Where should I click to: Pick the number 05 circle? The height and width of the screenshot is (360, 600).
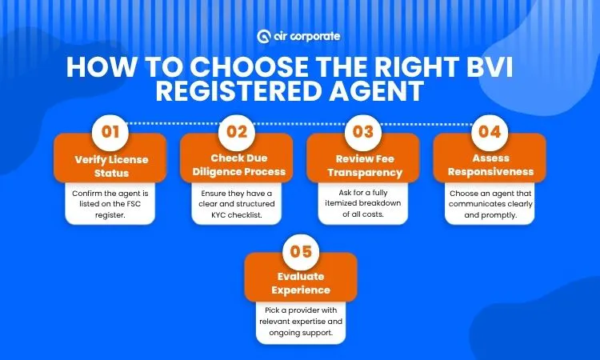(300, 252)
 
